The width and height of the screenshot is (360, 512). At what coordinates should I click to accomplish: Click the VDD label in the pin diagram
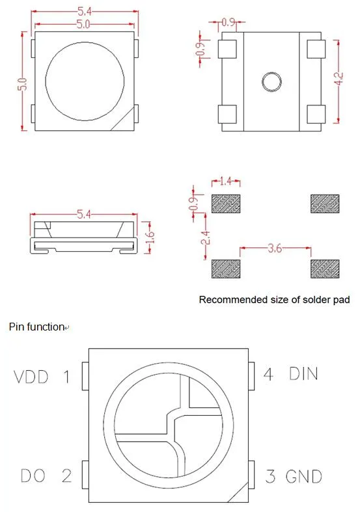pos(32,377)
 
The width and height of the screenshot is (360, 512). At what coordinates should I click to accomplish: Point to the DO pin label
pos(32,476)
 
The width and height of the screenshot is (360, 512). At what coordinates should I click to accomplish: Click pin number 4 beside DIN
pos(268,373)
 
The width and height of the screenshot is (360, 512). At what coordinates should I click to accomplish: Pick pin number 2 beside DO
pos(66,476)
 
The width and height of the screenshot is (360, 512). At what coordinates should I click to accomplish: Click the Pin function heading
pos(36,327)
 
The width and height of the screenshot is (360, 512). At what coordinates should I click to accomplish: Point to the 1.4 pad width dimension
pos(226,182)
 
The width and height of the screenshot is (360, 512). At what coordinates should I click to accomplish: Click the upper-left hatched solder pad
pos(226,203)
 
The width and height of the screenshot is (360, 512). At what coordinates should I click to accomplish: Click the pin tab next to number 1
pos(85,377)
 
